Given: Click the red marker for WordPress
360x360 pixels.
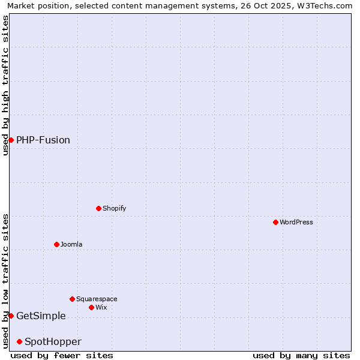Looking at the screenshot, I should tap(275, 222).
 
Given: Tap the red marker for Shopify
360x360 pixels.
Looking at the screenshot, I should tap(98, 208).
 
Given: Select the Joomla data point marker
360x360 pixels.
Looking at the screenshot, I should tap(56, 244).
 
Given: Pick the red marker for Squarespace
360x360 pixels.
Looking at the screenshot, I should tap(72, 299).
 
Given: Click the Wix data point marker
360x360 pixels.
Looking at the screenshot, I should tap(91, 307).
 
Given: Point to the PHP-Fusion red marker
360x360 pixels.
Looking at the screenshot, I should tap(11, 140).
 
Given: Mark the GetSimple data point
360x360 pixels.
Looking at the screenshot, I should tap(11, 316).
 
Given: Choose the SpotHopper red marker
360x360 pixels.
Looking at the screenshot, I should tap(19, 341).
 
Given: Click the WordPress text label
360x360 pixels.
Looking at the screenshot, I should tap(296, 223).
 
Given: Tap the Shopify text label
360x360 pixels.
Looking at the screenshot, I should tap(115, 209).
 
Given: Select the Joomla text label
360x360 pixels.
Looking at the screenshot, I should tap(71, 245).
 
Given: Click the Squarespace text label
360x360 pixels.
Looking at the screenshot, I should tap(97, 299).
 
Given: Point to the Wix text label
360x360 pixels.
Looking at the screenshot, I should tap(101, 308).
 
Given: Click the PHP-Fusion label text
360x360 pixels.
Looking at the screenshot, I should tap(43, 140).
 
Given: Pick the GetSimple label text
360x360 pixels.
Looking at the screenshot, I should tap(41, 316).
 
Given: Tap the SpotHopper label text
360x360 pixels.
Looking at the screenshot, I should tap(53, 342).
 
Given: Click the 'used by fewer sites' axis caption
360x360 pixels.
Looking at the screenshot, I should tap(62, 355).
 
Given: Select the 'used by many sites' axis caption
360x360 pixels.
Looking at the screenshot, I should tap(301, 355).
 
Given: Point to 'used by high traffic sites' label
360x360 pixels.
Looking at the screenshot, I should tap(5, 85).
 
